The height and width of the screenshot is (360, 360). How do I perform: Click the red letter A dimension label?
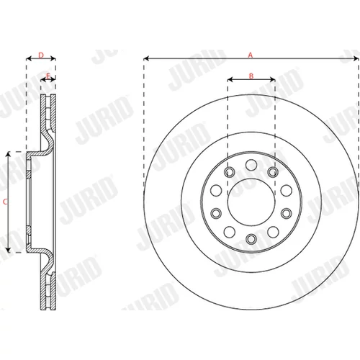coord(251,55)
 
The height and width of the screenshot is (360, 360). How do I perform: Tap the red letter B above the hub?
coord(251,76)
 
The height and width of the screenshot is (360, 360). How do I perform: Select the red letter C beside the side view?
coord(5,202)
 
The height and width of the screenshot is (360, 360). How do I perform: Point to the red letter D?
coord(41,55)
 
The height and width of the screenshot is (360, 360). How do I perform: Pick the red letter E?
coord(48,76)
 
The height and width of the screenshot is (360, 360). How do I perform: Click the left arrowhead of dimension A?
coord(146,58)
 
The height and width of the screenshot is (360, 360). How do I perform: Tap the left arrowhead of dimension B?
coord(230,79)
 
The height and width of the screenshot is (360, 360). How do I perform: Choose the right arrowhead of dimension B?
coord(272,79)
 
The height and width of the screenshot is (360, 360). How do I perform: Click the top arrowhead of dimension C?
coord(9,155)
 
